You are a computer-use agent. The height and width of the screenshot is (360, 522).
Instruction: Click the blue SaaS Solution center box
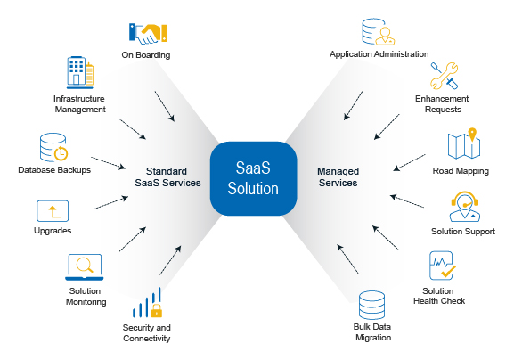click(x=253, y=178)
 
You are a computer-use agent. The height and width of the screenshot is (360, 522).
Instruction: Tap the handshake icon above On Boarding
click(x=148, y=34)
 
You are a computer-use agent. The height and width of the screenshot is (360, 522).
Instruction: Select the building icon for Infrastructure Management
click(x=80, y=72)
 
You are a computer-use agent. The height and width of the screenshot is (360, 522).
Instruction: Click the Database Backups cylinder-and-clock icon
click(x=53, y=148)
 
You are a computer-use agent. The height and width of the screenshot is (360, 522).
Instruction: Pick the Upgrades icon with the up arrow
click(x=53, y=211)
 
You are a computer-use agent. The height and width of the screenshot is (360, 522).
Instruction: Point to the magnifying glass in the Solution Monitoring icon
click(x=85, y=265)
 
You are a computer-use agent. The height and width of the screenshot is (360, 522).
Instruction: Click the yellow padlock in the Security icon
click(x=157, y=310)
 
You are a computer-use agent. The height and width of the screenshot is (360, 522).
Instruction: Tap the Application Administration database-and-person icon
click(x=379, y=32)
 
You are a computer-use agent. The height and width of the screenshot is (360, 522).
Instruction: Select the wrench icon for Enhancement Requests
click(x=445, y=76)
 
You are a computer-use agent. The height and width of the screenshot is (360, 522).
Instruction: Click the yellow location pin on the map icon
click(x=472, y=134)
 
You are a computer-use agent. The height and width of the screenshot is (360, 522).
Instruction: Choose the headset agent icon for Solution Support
click(x=465, y=207)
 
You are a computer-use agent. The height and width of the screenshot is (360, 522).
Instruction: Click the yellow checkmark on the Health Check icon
click(x=448, y=272)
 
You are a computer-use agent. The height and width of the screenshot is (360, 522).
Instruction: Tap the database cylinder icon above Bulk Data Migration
click(x=371, y=305)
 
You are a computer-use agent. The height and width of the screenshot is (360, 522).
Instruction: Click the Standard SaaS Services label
click(x=167, y=176)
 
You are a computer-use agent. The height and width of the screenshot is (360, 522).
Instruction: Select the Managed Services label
click(x=338, y=176)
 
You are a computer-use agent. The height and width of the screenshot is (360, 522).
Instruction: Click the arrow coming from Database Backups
click(x=108, y=163)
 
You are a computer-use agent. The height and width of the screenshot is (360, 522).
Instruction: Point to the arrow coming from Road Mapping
click(x=409, y=162)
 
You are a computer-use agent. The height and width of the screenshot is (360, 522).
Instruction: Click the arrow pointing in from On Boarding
click(x=165, y=106)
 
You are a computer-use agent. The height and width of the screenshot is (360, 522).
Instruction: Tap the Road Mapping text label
click(x=461, y=171)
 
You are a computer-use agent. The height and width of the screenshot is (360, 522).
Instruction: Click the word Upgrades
click(x=53, y=231)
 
